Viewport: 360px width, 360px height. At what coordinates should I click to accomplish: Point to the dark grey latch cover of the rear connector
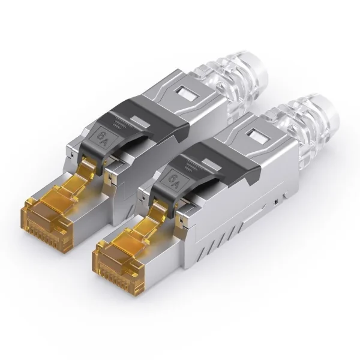tap(133, 128)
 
